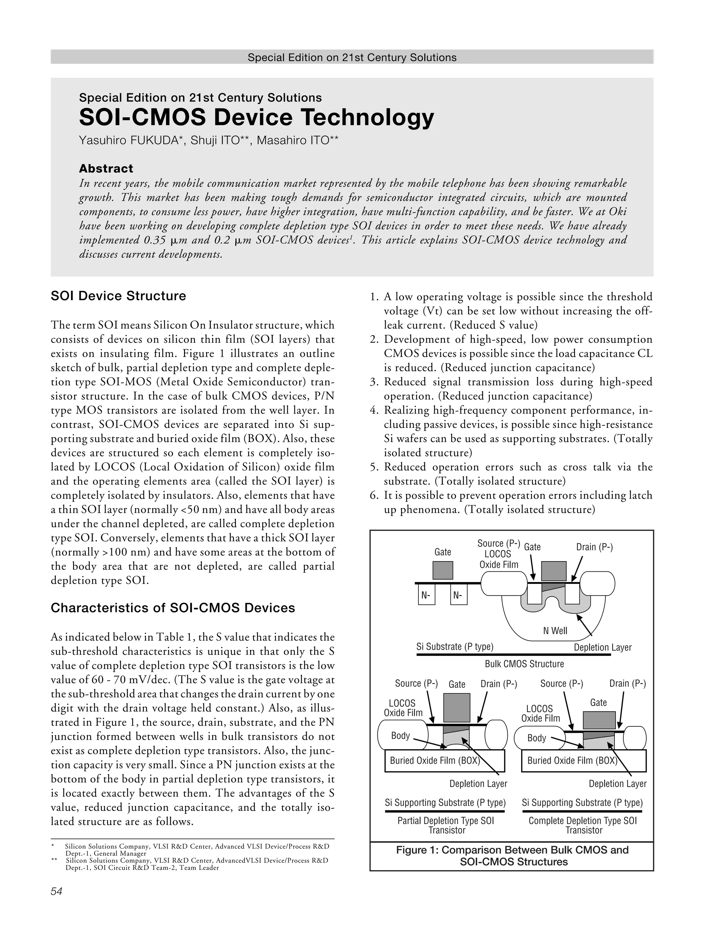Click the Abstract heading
[106, 169]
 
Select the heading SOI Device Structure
[118, 296]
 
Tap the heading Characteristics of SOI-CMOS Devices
[173, 607]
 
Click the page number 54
[56, 891]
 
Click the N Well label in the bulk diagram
[555, 630]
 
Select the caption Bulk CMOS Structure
[524, 664]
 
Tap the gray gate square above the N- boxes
[442, 570]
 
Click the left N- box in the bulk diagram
[426, 595]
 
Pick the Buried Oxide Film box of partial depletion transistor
[444, 761]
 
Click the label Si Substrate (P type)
[454, 647]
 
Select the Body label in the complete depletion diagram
[536, 738]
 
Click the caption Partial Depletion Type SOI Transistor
[446, 825]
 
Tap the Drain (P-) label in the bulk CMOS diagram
[594, 547]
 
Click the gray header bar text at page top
[351, 57]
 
